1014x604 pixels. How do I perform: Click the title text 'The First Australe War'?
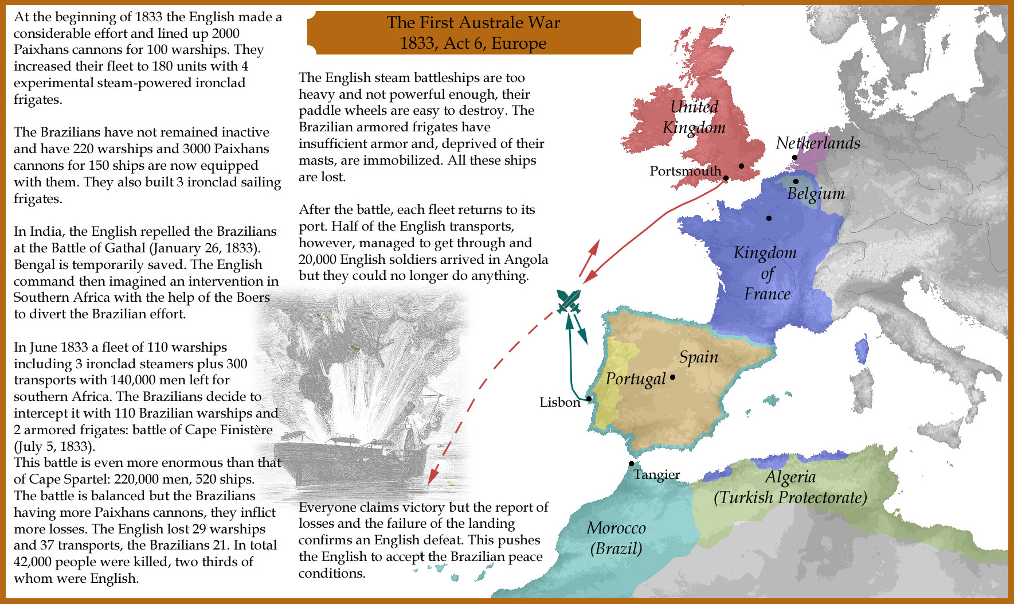pyautogui.click(x=473, y=22)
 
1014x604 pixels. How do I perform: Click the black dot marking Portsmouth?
pyautogui.click(x=726, y=178)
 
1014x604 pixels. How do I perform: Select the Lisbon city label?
pyautogui.click(x=559, y=402)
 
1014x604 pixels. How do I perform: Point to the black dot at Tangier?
pyautogui.click(x=631, y=464)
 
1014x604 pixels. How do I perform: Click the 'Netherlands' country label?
pyautogui.click(x=817, y=143)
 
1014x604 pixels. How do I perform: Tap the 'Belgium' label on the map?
pyautogui.click(x=816, y=193)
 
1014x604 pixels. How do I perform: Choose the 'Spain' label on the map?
pyautogui.click(x=698, y=357)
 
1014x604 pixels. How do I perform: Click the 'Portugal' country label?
pyautogui.click(x=635, y=379)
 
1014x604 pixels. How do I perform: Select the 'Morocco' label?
pyautogui.click(x=616, y=528)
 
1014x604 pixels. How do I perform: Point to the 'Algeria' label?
pyautogui.click(x=790, y=477)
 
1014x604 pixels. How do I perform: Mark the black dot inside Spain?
pyautogui.click(x=672, y=377)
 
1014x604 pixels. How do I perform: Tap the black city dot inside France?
pyautogui.click(x=769, y=218)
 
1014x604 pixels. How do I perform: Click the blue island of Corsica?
pyautogui.click(x=861, y=350)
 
